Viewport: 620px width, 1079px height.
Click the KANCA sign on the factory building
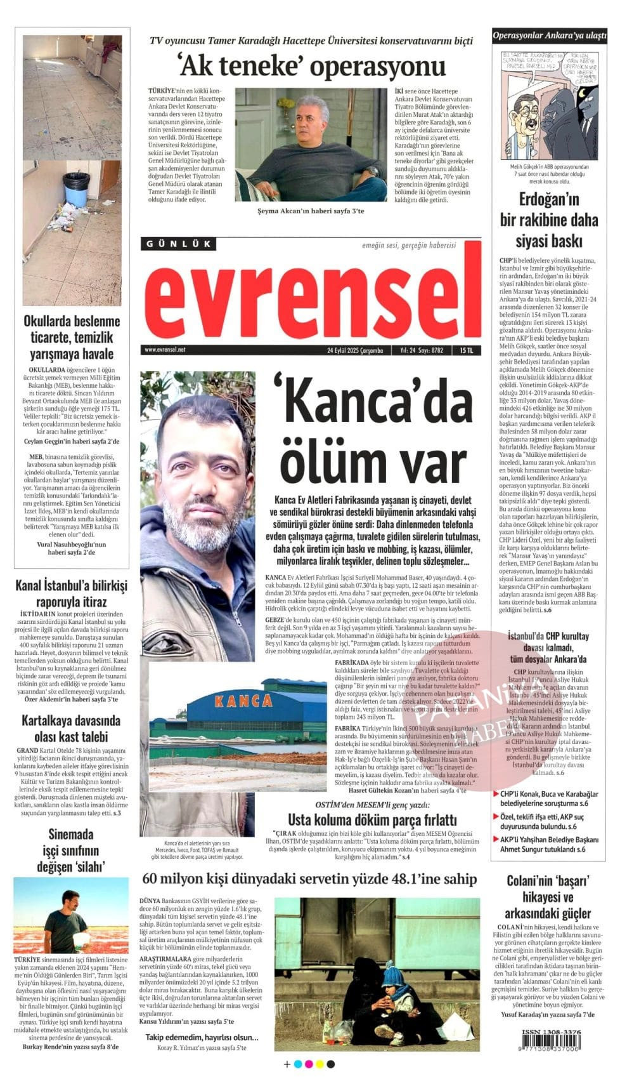coord(244,701)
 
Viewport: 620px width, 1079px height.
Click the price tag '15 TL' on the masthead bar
coord(467,350)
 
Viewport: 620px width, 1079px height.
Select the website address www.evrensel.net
coord(165,350)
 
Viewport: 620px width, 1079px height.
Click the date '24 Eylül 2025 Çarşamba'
coord(355,350)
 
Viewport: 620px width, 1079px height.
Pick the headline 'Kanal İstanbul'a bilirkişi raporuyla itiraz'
coord(70,593)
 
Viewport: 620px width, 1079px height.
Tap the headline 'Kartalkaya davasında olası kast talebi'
coord(70,729)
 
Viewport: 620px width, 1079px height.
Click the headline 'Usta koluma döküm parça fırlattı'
coord(372,819)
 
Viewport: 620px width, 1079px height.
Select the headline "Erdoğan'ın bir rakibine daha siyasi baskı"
coord(549,220)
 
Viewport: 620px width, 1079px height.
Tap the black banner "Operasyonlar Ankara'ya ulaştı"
coord(549,36)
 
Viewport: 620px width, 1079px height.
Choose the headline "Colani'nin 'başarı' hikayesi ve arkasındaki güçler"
coord(548,897)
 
